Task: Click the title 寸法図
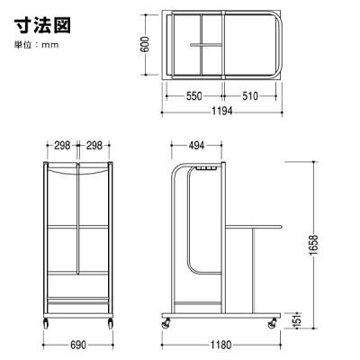[x=42, y=25]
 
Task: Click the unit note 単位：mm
[x=37, y=45]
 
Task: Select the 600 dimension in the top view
[x=145, y=44]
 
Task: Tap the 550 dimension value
[x=193, y=96]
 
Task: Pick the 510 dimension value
[x=249, y=96]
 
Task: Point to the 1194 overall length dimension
[x=222, y=111]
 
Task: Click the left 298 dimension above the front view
[x=62, y=146]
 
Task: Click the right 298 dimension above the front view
[x=94, y=146]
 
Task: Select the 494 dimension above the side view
[x=196, y=146]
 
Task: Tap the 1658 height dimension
[x=314, y=245]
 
